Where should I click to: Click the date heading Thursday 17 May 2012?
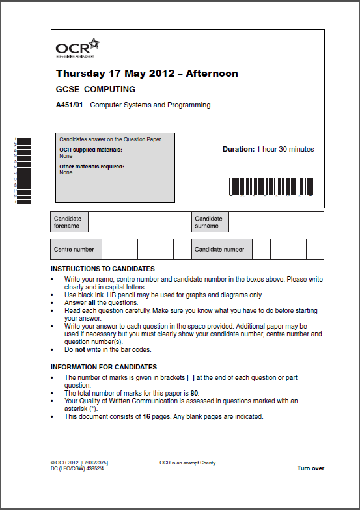pyautogui.click(x=146, y=74)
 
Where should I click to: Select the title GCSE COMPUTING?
pyautogui.click(x=96, y=89)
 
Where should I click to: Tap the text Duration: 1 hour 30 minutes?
pyautogui.click(x=268, y=149)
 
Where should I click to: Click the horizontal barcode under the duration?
pyautogui.click(x=272, y=187)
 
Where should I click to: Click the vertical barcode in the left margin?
pyautogui.click(x=23, y=170)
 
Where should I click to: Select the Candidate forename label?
pyautogui.click(x=68, y=222)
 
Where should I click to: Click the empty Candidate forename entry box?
pyautogui.click(x=139, y=222)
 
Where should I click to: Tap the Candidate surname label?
pyautogui.click(x=208, y=222)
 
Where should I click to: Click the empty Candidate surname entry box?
pyautogui.click(x=276, y=222)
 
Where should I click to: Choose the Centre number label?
pyautogui.click(x=74, y=249)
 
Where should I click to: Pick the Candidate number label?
pyautogui.click(x=219, y=249)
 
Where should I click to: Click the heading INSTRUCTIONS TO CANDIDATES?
pyautogui.click(x=103, y=269)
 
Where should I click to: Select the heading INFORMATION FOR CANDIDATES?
pyautogui.click(x=104, y=367)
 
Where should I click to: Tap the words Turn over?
pyautogui.click(x=311, y=468)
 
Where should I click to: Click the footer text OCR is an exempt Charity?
pyautogui.click(x=187, y=463)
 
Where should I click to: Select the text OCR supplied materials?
pyautogui.click(x=90, y=150)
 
